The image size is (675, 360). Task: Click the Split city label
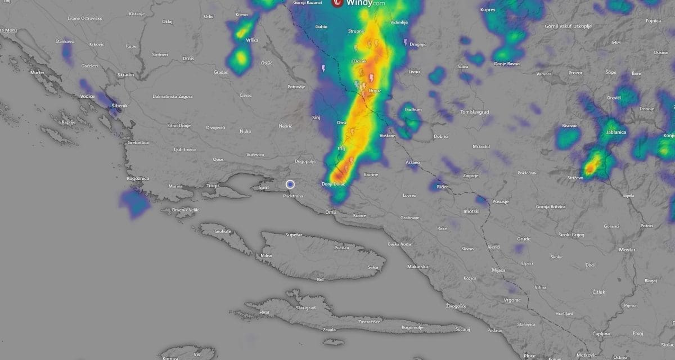point(263,188)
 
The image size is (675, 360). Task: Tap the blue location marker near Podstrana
point(290,184)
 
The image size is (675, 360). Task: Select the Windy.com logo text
point(366,3)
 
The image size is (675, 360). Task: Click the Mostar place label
point(627,249)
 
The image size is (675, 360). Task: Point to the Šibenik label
point(119,106)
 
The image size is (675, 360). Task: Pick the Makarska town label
point(418,267)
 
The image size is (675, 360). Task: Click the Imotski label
point(471,211)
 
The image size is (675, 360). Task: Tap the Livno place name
point(414,71)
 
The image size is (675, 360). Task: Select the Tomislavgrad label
point(475,112)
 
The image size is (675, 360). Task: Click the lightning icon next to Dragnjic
point(406,42)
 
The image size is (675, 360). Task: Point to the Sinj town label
point(316,118)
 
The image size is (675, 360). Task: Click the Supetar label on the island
point(294,235)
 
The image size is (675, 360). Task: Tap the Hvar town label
point(264,312)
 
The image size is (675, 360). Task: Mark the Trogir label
point(213,186)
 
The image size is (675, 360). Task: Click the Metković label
point(586,355)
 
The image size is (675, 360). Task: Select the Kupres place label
point(488,10)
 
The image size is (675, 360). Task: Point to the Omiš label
point(330,212)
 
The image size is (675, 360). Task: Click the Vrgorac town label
point(512,300)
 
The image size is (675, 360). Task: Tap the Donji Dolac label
point(332,184)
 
